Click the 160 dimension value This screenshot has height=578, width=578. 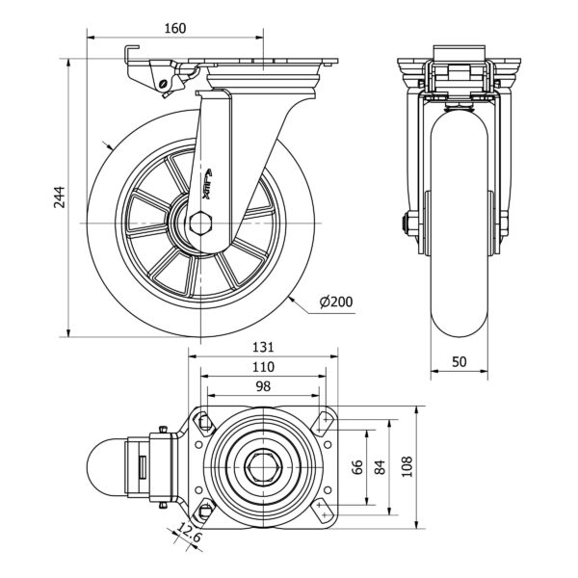tap(174, 28)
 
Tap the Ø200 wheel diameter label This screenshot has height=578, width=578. tap(335, 302)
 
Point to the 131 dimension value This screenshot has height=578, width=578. tap(264, 347)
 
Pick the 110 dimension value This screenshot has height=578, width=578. tap(263, 367)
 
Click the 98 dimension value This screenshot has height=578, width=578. tap(262, 386)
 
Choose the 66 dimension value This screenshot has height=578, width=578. tap(357, 467)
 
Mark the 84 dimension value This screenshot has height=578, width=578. tap(380, 467)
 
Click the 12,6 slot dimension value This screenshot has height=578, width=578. tap(191, 532)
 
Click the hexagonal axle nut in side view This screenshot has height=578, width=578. tap(203, 224)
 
